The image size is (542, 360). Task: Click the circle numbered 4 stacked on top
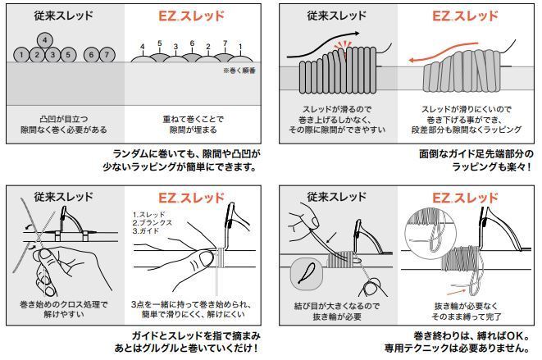point(45,39)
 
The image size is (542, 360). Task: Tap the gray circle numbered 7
point(107,55)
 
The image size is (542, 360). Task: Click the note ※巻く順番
point(239,71)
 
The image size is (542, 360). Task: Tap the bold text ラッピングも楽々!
point(491,166)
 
